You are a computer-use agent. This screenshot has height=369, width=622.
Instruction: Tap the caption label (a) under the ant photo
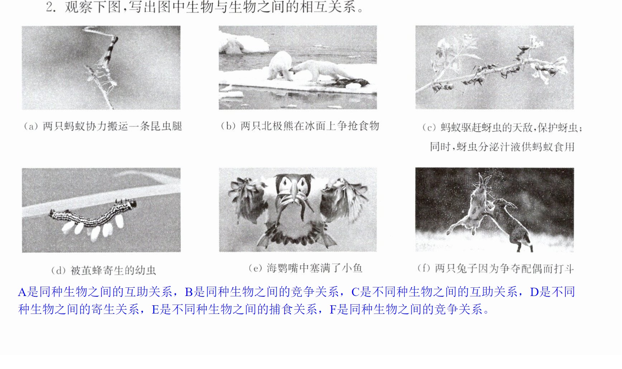31,126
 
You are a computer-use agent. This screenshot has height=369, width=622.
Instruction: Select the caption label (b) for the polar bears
228,126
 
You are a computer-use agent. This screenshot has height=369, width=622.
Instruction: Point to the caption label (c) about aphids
429,128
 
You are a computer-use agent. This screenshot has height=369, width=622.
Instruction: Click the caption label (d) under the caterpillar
58,271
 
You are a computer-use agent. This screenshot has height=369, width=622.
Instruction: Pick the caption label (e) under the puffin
255,268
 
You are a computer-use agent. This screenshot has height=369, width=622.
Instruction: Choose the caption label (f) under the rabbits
424,268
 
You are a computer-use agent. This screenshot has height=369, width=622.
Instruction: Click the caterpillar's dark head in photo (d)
132,204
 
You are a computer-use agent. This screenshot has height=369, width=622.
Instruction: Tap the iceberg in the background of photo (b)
244,43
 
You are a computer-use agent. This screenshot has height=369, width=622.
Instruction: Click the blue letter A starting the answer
22,292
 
